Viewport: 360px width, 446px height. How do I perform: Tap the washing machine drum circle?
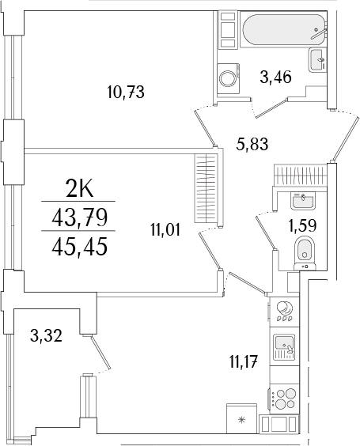[x=229, y=77]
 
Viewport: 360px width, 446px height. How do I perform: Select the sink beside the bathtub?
[x=318, y=57]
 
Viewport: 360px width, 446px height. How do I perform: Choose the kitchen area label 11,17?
[x=244, y=365]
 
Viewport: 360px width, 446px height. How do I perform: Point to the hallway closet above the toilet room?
[x=298, y=173]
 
